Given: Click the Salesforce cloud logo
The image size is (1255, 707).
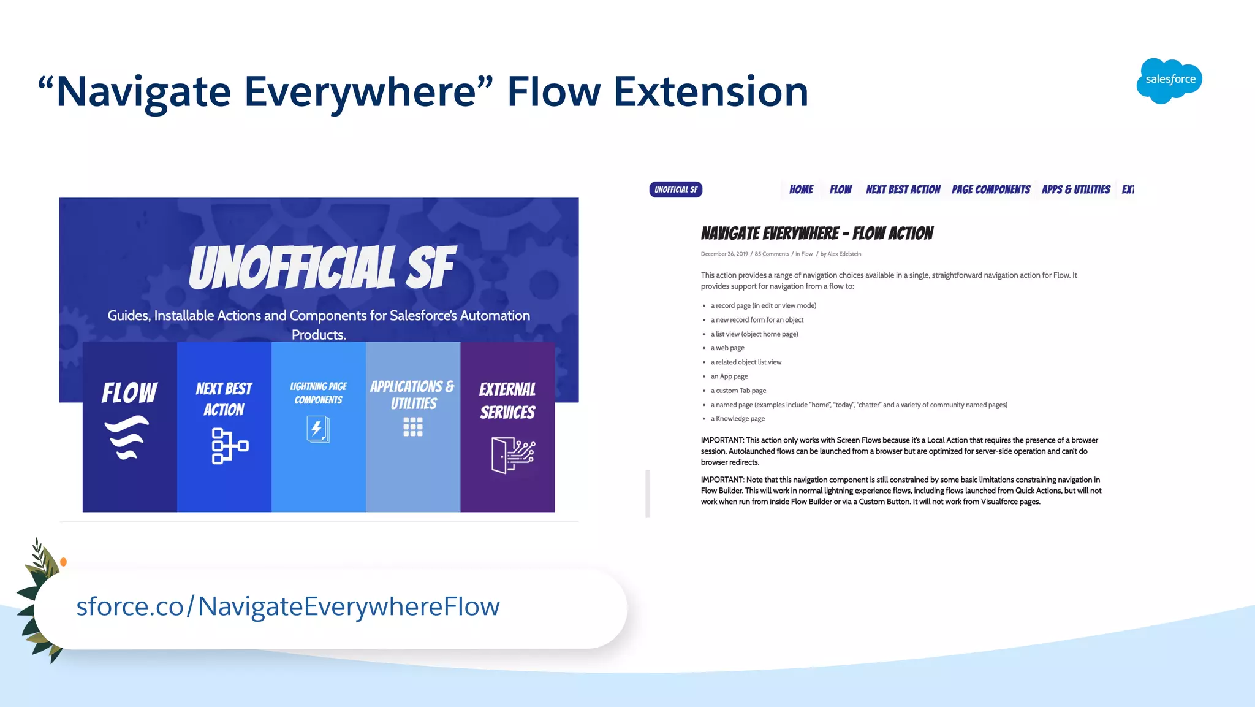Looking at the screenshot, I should [x=1169, y=80].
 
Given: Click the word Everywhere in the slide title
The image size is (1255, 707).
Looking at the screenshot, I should [x=360, y=92].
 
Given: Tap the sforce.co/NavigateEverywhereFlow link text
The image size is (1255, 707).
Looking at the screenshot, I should [x=287, y=606].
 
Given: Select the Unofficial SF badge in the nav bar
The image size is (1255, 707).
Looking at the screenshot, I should [x=675, y=189].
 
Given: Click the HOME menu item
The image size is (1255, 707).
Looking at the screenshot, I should [x=801, y=189].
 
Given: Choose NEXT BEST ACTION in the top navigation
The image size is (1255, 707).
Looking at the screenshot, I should [x=903, y=189].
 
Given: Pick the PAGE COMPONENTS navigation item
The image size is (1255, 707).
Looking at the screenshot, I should [x=990, y=189].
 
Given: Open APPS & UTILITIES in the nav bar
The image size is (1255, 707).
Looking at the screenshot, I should [x=1075, y=189].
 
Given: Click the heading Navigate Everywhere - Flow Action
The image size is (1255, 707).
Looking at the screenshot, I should [x=816, y=234].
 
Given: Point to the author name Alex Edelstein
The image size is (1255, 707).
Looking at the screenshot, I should [x=844, y=254].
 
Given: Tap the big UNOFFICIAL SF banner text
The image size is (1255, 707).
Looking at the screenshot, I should [x=321, y=267].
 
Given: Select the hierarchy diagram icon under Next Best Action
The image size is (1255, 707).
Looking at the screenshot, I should [x=229, y=446].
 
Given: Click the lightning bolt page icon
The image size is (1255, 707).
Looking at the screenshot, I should [x=317, y=429].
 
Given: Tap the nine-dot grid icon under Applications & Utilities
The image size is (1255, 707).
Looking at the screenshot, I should [x=413, y=427].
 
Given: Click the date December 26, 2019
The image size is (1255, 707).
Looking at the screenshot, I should [x=724, y=254].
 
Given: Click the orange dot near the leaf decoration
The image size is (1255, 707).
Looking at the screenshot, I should [x=63, y=562].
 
